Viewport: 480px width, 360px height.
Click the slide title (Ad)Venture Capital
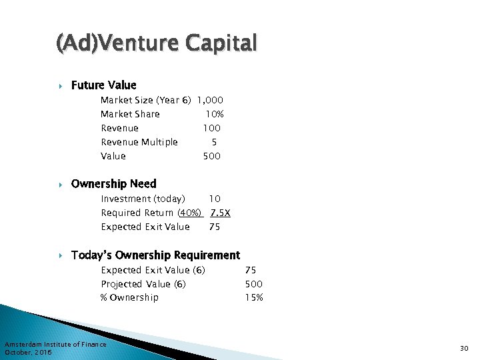156,44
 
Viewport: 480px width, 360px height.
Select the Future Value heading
103,85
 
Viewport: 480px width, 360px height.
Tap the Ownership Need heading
113,184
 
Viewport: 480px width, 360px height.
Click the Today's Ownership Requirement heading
155,255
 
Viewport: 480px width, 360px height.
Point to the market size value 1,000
210,100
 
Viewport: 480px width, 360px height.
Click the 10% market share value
214,114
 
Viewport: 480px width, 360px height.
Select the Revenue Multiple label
139,142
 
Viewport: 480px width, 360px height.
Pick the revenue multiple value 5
214,142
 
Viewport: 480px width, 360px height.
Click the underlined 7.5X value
220,213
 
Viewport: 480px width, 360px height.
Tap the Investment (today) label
143,199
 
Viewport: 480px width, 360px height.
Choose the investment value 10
215,199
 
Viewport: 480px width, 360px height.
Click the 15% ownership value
254,297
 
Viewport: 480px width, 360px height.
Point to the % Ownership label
129,297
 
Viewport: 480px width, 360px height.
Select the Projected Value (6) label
143,284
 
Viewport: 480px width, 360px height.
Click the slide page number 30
464,347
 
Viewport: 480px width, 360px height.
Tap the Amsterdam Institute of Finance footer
55,344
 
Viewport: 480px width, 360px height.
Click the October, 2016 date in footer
28,351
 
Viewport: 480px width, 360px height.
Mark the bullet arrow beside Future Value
60,85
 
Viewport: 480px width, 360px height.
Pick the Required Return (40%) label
151,213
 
